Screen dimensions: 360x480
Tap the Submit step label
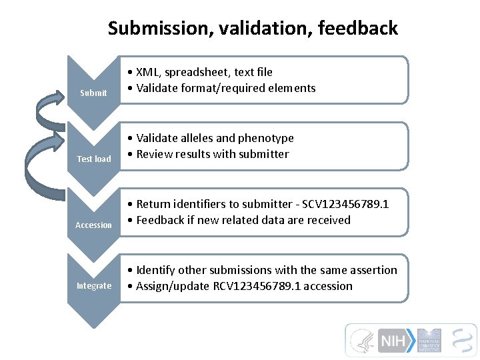coord(93,93)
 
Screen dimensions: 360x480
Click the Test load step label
coord(94,159)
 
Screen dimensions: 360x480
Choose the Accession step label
coord(93,225)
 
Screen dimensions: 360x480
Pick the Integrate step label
coord(94,286)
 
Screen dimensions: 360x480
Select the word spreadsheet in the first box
coord(197,72)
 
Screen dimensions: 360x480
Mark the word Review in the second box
coord(154,154)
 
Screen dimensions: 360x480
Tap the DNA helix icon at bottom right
coord(463,340)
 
